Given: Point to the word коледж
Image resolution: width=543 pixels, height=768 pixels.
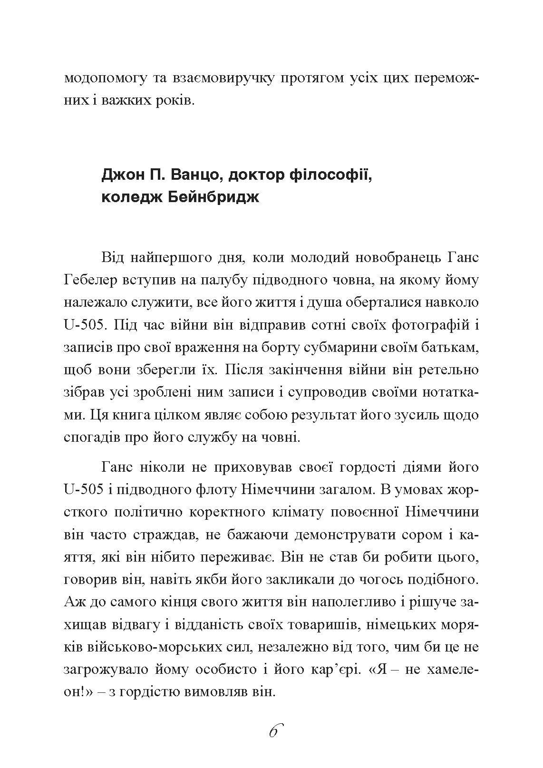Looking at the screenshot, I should click(125, 197).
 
